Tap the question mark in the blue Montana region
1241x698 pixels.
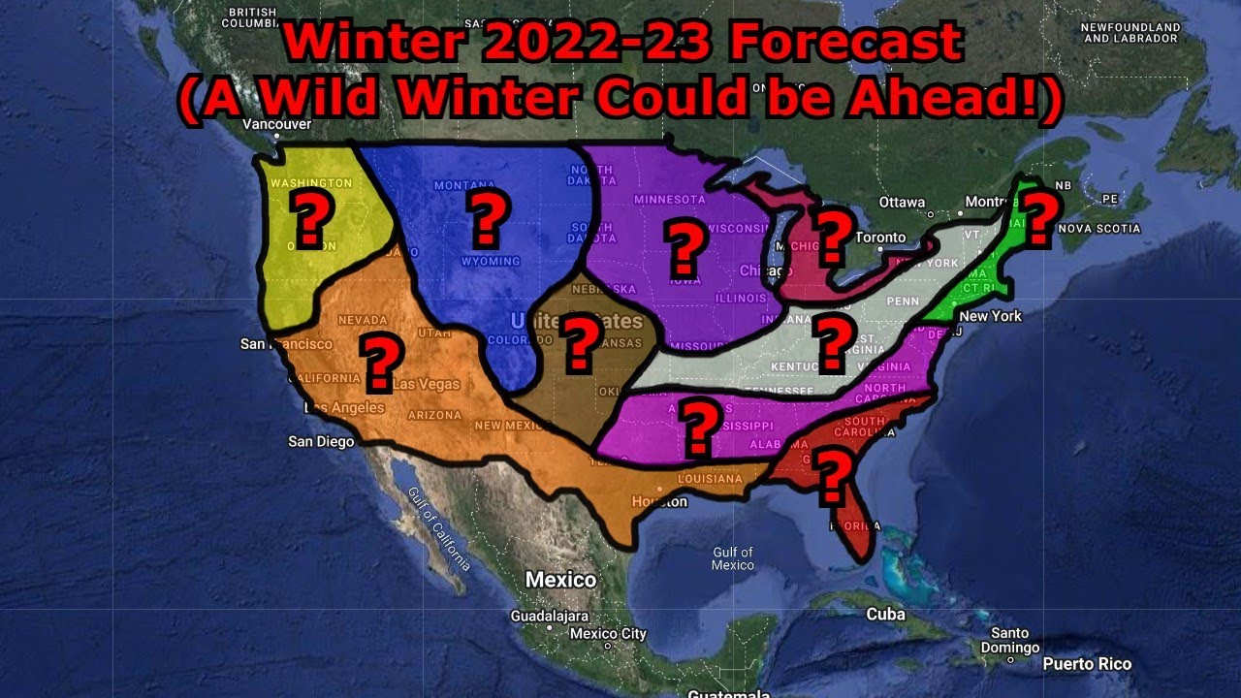(x=487, y=219)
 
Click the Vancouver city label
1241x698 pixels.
(x=277, y=124)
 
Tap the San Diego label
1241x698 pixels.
(x=322, y=442)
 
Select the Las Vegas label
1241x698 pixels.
(x=426, y=384)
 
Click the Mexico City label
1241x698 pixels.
(x=608, y=634)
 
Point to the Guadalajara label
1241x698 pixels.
(x=550, y=616)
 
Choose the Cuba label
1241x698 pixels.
(x=885, y=614)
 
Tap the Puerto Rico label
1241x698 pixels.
(x=1087, y=664)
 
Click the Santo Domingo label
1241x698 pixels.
(x=1009, y=641)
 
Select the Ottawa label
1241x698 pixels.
(x=903, y=203)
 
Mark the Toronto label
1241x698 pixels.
(x=880, y=238)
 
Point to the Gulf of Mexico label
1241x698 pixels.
(x=733, y=558)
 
